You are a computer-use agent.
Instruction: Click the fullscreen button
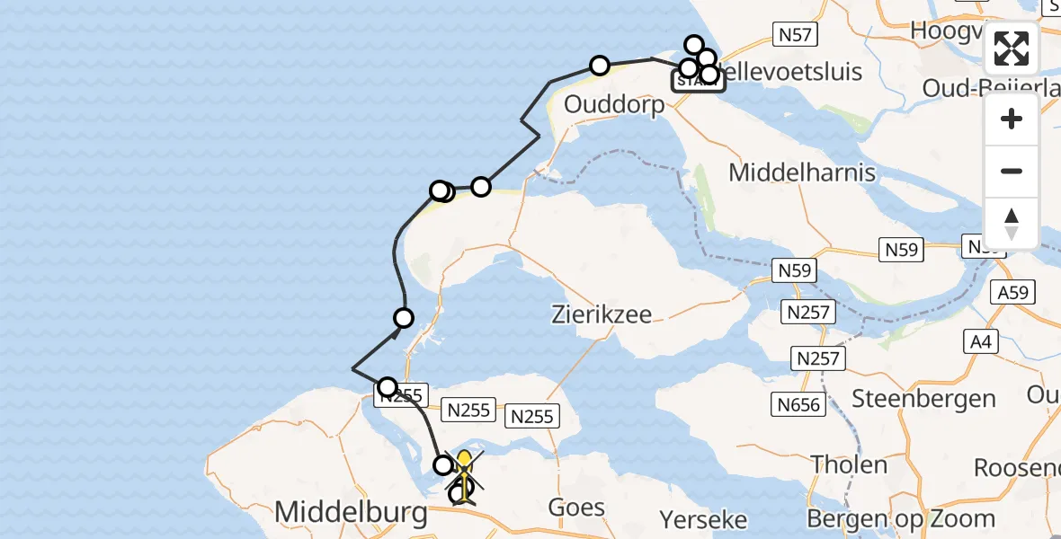(1012, 49)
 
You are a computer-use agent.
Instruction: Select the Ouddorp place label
(614, 104)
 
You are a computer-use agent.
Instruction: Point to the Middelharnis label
(802, 172)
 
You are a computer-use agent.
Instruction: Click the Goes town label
(576, 508)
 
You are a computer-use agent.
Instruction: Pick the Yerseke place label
(703, 519)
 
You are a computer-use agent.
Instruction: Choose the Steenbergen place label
(923, 398)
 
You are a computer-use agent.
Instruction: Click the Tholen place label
(849, 464)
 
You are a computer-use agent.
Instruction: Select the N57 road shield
(795, 35)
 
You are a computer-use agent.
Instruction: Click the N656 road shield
(799, 405)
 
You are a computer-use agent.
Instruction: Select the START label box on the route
(698, 82)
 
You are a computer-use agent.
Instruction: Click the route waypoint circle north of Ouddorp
(599, 65)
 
